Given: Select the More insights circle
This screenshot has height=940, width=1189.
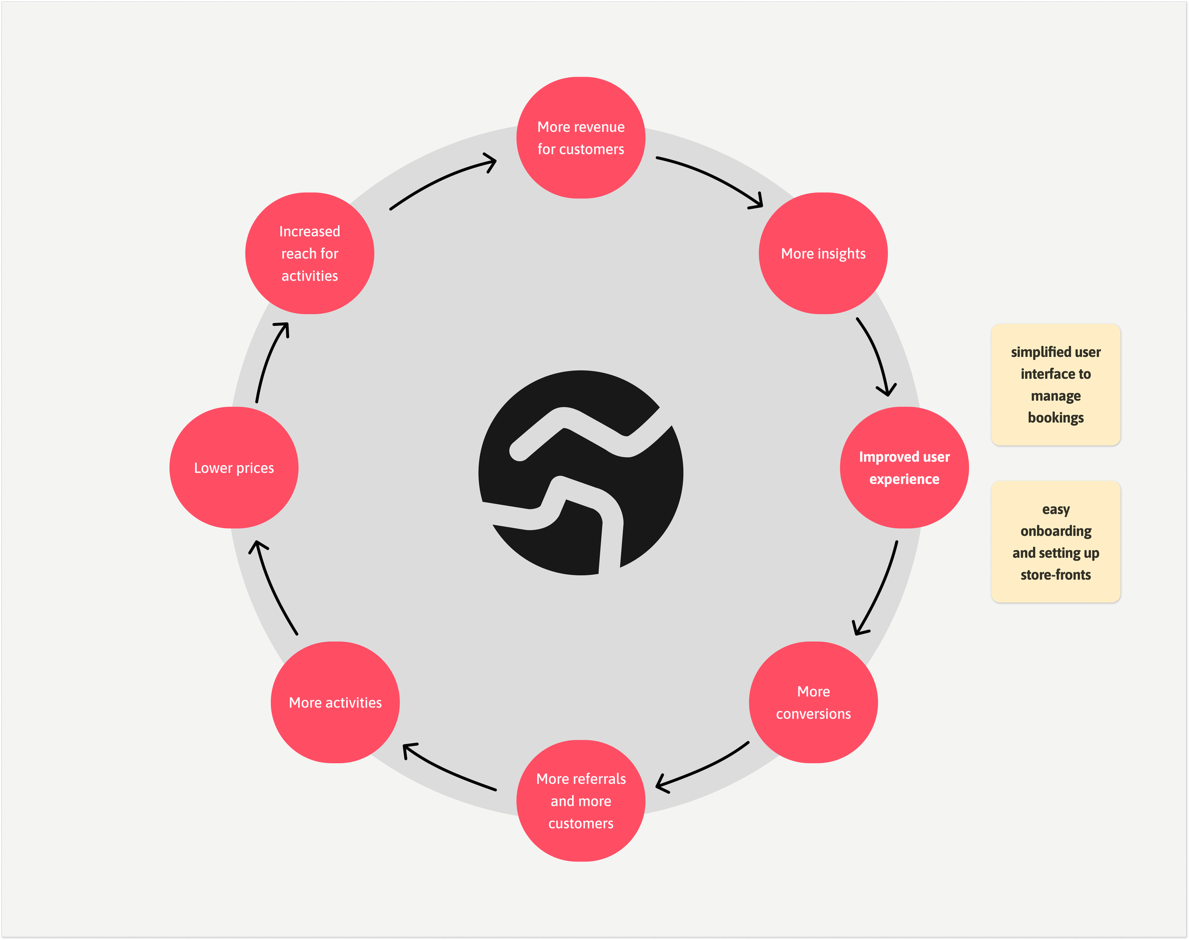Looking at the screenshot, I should pos(823,253).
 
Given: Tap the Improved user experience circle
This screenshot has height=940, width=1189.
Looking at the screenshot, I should pos(904,467).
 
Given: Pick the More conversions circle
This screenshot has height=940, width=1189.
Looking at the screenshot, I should pos(813,702).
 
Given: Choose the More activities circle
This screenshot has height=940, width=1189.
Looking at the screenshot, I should pos(335,702).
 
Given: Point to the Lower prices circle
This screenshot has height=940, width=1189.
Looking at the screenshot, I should pos(234,467).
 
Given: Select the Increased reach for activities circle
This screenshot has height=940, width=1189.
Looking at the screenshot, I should pos(309,253).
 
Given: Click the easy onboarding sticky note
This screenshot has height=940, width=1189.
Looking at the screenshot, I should pos(1055,541).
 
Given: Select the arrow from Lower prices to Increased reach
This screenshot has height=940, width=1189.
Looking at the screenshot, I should pos(270,361).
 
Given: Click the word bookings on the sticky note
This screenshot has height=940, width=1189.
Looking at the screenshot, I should pos(1055,418).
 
